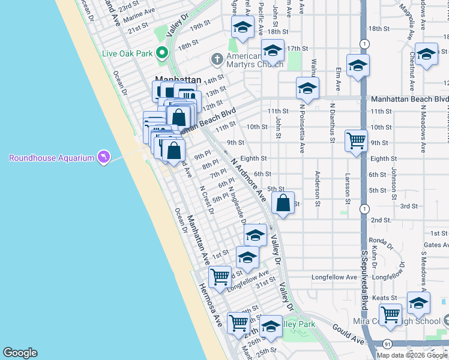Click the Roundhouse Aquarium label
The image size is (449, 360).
coord(52,158)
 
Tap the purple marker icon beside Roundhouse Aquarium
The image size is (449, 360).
coord(104,157)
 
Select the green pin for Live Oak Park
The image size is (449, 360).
coord(161,53)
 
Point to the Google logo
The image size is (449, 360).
coord(20,353)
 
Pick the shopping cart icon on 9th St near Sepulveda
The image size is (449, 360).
coord(356,142)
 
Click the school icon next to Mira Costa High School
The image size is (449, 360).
coord(418,302)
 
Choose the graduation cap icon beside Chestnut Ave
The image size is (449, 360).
coord(427,55)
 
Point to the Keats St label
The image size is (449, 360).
coord(385,298)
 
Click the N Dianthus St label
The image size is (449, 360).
coord(333,122)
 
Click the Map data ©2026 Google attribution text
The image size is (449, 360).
coord(412,355)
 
